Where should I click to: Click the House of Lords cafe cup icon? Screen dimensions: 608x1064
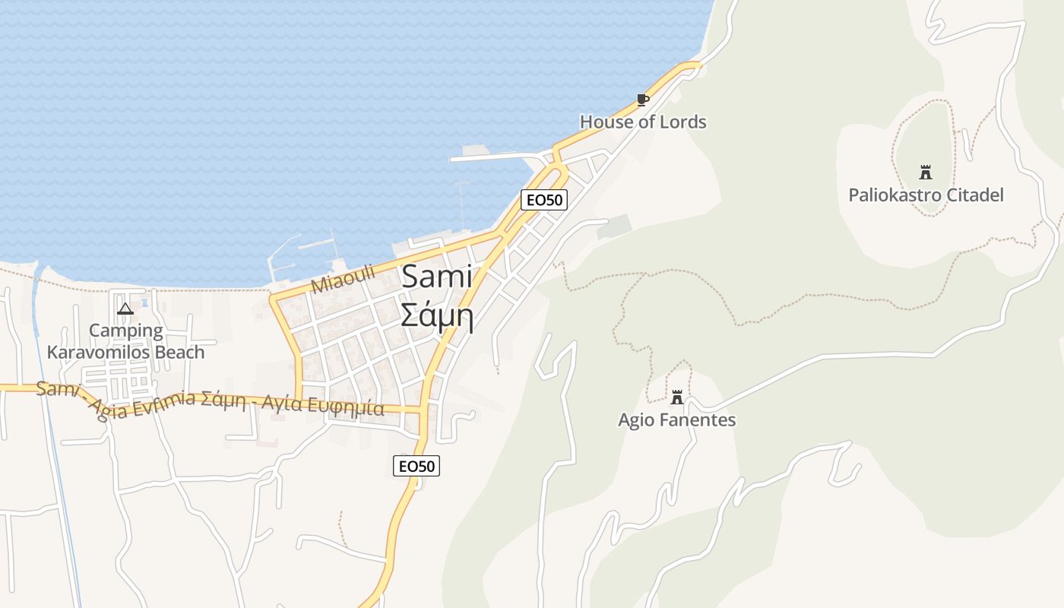pyautogui.click(x=643, y=100)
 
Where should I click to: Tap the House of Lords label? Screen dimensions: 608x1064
pyautogui.click(x=643, y=122)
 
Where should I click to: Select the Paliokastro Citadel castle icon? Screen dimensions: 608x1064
pyautogui.click(x=926, y=172)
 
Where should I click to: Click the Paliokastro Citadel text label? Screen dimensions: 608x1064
pyautogui.click(x=926, y=195)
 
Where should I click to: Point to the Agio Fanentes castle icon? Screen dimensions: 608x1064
pyautogui.click(x=676, y=397)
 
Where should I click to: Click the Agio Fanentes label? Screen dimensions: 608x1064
pyautogui.click(x=676, y=420)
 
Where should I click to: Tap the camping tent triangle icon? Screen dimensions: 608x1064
pyautogui.click(x=125, y=309)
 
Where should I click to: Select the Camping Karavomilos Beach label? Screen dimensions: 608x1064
pyautogui.click(x=125, y=341)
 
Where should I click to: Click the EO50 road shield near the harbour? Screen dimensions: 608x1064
pyautogui.click(x=544, y=200)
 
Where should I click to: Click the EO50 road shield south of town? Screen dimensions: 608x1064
pyautogui.click(x=416, y=466)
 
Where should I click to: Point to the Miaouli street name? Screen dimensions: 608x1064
pyautogui.click(x=344, y=280)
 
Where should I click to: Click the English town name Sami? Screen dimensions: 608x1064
pyautogui.click(x=437, y=277)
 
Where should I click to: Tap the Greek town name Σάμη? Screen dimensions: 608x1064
pyautogui.click(x=437, y=315)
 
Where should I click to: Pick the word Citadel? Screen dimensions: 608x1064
pyautogui.click(x=975, y=195)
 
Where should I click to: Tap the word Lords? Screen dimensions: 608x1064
pyautogui.click(x=683, y=122)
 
